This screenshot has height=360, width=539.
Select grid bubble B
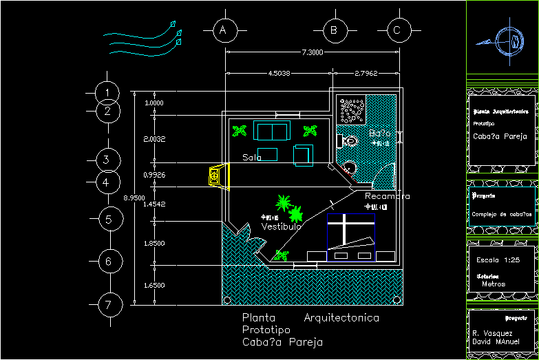tap(333, 30)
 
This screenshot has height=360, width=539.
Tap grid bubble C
tap(397, 30)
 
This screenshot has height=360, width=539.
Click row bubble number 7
tap(108, 304)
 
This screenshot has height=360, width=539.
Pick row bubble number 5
tap(108, 220)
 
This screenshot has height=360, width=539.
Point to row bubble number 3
tap(106, 160)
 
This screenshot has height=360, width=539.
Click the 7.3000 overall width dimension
tap(312, 53)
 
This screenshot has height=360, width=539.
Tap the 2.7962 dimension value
tap(366, 73)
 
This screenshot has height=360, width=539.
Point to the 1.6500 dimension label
tap(154, 284)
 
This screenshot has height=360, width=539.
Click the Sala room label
tap(252, 158)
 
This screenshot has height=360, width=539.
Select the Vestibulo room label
tap(282, 226)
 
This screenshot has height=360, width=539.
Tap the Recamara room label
tap(388, 197)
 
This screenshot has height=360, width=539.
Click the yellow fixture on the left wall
tap(216, 176)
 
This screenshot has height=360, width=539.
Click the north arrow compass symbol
tap(508, 39)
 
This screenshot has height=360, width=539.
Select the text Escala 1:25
tap(498, 260)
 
